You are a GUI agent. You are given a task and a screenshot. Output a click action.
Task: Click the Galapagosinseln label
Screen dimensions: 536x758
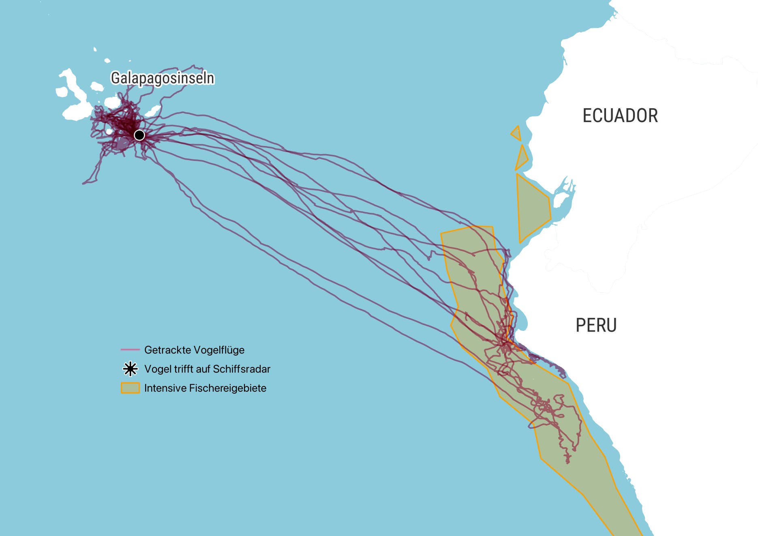click(x=162, y=78)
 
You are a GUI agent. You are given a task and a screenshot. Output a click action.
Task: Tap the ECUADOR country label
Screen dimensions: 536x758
click(x=620, y=116)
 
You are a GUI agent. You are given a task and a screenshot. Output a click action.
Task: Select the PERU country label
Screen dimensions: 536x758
click(x=596, y=326)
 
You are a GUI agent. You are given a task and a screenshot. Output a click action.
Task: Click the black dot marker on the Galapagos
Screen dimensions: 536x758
click(x=139, y=135)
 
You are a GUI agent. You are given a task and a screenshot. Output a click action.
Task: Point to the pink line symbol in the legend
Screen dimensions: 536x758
click(x=130, y=349)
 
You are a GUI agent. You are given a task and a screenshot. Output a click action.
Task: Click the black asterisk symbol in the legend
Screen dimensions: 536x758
click(x=130, y=369)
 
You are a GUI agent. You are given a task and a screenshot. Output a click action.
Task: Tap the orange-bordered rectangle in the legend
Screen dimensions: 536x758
click(x=130, y=388)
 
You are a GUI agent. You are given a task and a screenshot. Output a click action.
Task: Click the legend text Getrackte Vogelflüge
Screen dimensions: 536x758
click(x=194, y=350)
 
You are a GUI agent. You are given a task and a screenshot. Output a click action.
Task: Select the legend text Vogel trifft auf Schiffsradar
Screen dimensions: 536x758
click(x=207, y=369)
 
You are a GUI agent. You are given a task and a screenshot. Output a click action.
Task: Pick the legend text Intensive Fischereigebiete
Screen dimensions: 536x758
click(x=205, y=388)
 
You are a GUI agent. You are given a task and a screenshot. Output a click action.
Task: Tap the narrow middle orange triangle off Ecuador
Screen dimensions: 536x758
click(x=522, y=158)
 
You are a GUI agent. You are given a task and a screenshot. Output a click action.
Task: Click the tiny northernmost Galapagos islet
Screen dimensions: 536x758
click(x=95, y=49)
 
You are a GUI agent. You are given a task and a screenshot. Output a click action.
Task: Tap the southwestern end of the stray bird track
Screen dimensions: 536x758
click(x=84, y=183)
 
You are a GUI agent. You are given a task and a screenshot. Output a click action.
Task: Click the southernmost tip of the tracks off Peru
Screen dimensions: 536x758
click(x=567, y=462)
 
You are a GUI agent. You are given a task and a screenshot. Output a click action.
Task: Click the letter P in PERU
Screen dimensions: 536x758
click(x=580, y=326)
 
